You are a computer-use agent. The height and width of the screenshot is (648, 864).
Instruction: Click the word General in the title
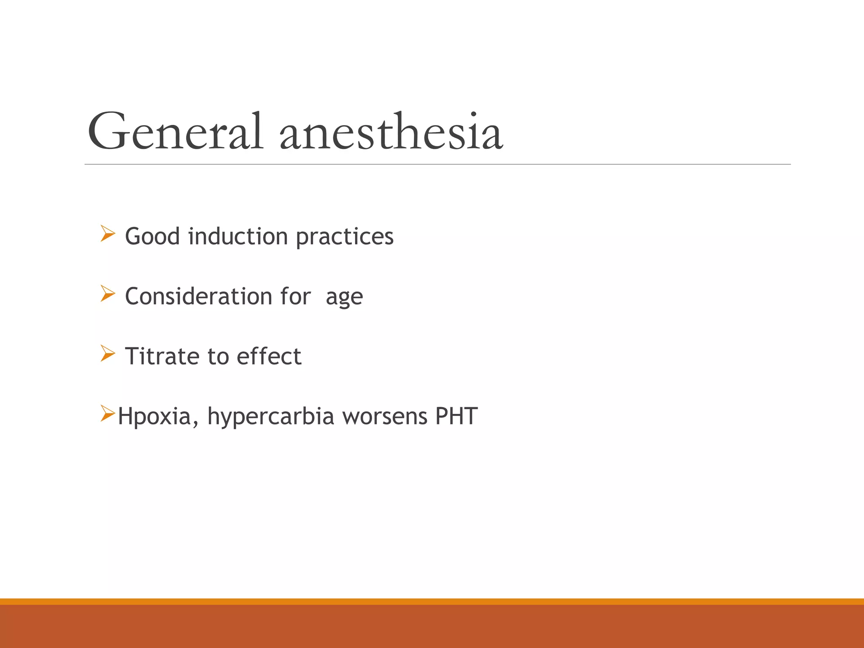[x=175, y=132]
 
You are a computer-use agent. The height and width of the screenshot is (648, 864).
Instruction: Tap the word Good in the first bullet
[x=152, y=236]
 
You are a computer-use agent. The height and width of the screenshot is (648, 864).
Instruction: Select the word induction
[x=238, y=236]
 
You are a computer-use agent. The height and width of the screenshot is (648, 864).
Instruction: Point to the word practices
[x=344, y=237]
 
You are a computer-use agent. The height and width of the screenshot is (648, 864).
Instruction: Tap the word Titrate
[x=162, y=356]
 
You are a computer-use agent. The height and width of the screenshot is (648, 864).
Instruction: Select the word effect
[x=269, y=356]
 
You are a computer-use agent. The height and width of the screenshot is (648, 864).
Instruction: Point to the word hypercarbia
[x=270, y=417]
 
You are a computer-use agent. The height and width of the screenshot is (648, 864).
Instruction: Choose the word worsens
[x=384, y=416]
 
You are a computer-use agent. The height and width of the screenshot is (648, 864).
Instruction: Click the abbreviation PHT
[x=456, y=416]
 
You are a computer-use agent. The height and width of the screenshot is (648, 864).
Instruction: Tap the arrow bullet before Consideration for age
[x=107, y=294]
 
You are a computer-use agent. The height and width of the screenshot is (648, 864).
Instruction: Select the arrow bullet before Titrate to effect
[x=107, y=354]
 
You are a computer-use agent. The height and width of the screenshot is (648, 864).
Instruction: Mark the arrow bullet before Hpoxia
[x=107, y=413]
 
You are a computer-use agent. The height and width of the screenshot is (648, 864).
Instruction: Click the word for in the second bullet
[x=295, y=296]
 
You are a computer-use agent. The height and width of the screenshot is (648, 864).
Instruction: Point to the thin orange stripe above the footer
[x=432, y=601]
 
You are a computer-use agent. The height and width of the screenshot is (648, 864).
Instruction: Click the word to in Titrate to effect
[x=218, y=356]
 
